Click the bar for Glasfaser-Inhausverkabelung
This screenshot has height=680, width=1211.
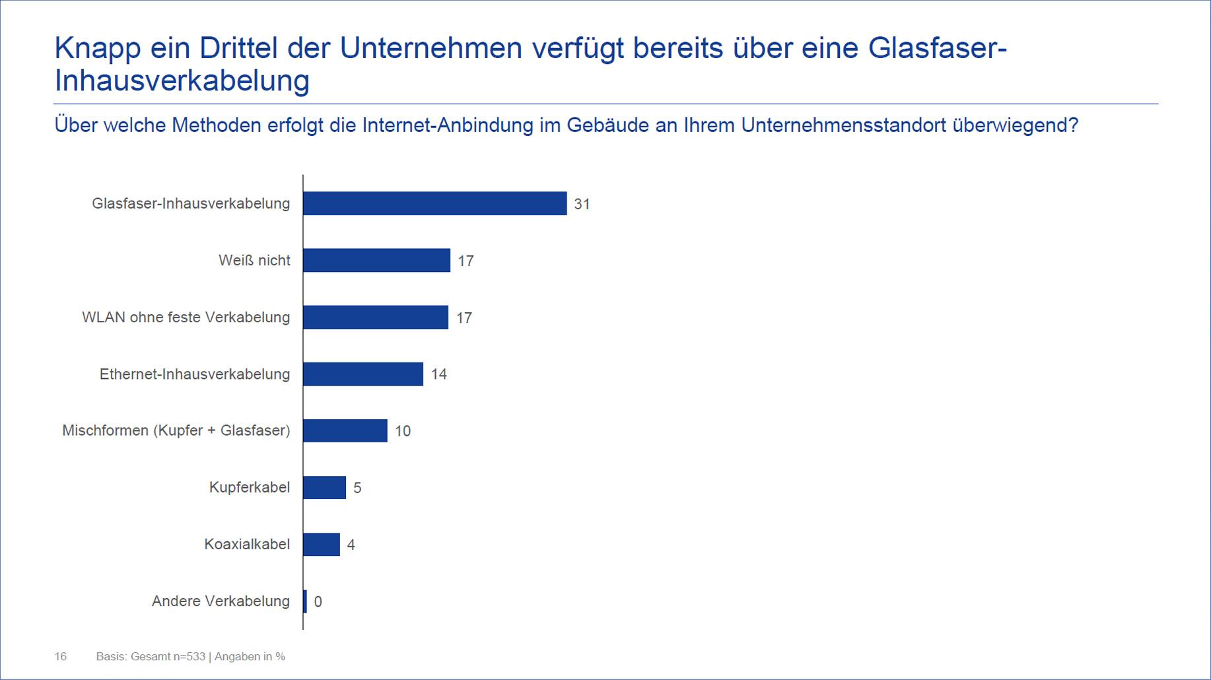point(434,203)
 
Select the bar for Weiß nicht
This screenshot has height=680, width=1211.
point(376,260)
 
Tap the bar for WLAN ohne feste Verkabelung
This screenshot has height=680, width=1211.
point(376,317)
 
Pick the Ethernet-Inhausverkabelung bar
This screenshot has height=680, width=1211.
point(363,374)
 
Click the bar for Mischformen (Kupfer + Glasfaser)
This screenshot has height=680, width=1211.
point(345,430)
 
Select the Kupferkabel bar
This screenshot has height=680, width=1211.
point(325,487)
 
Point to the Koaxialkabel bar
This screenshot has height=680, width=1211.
point(322,544)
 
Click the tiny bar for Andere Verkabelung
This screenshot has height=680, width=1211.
point(305,601)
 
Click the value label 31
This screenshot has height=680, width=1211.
point(582,204)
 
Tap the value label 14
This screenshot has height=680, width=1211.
point(439,374)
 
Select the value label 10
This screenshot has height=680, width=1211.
point(403,431)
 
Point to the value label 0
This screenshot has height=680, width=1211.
point(318,601)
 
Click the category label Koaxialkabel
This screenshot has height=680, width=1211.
point(247,544)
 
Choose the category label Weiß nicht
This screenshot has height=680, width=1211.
point(254,260)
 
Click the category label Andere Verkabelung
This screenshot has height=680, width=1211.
point(221,601)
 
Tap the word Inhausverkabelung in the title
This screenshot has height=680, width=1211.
point(182,81)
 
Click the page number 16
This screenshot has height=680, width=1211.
point(60,656)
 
